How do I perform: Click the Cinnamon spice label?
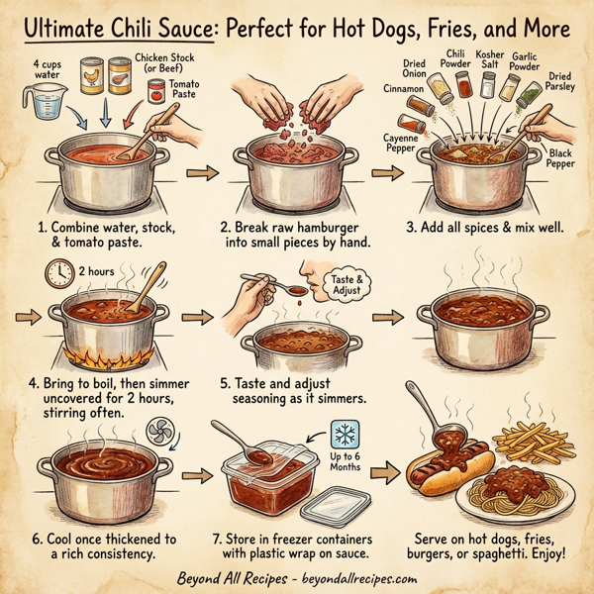coord(401,88)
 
